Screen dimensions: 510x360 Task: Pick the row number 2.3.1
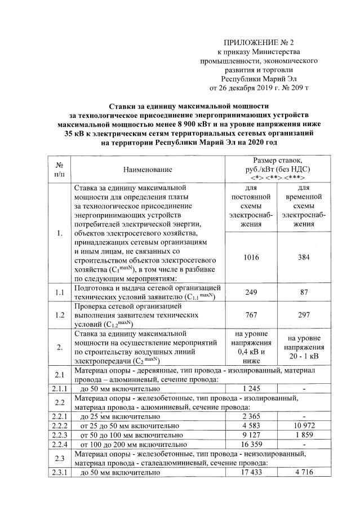coord(59,473)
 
